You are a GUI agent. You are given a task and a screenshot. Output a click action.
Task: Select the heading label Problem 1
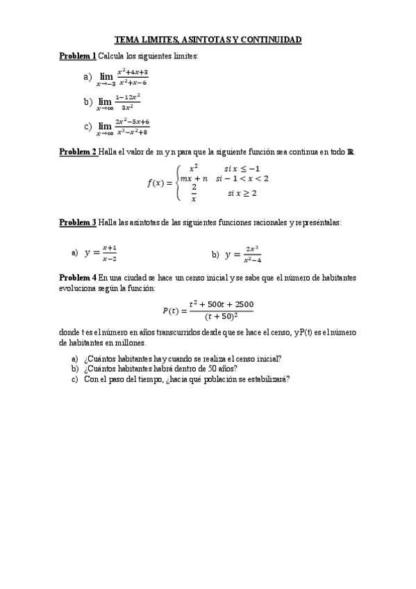tap(78, 56)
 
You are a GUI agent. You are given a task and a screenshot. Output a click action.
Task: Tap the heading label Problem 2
tap(78, 153)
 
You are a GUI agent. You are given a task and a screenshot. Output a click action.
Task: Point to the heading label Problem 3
tap(78, 222)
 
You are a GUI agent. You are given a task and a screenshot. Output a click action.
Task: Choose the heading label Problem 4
tap(78, 278)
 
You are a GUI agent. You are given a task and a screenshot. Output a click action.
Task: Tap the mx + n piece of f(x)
tap(194, 179)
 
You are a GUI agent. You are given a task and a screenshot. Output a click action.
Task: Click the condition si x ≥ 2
tap(242, 194)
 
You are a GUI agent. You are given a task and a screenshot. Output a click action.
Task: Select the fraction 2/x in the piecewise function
tap(194, 192)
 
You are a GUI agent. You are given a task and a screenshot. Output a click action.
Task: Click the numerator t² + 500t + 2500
tap(221, 304)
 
